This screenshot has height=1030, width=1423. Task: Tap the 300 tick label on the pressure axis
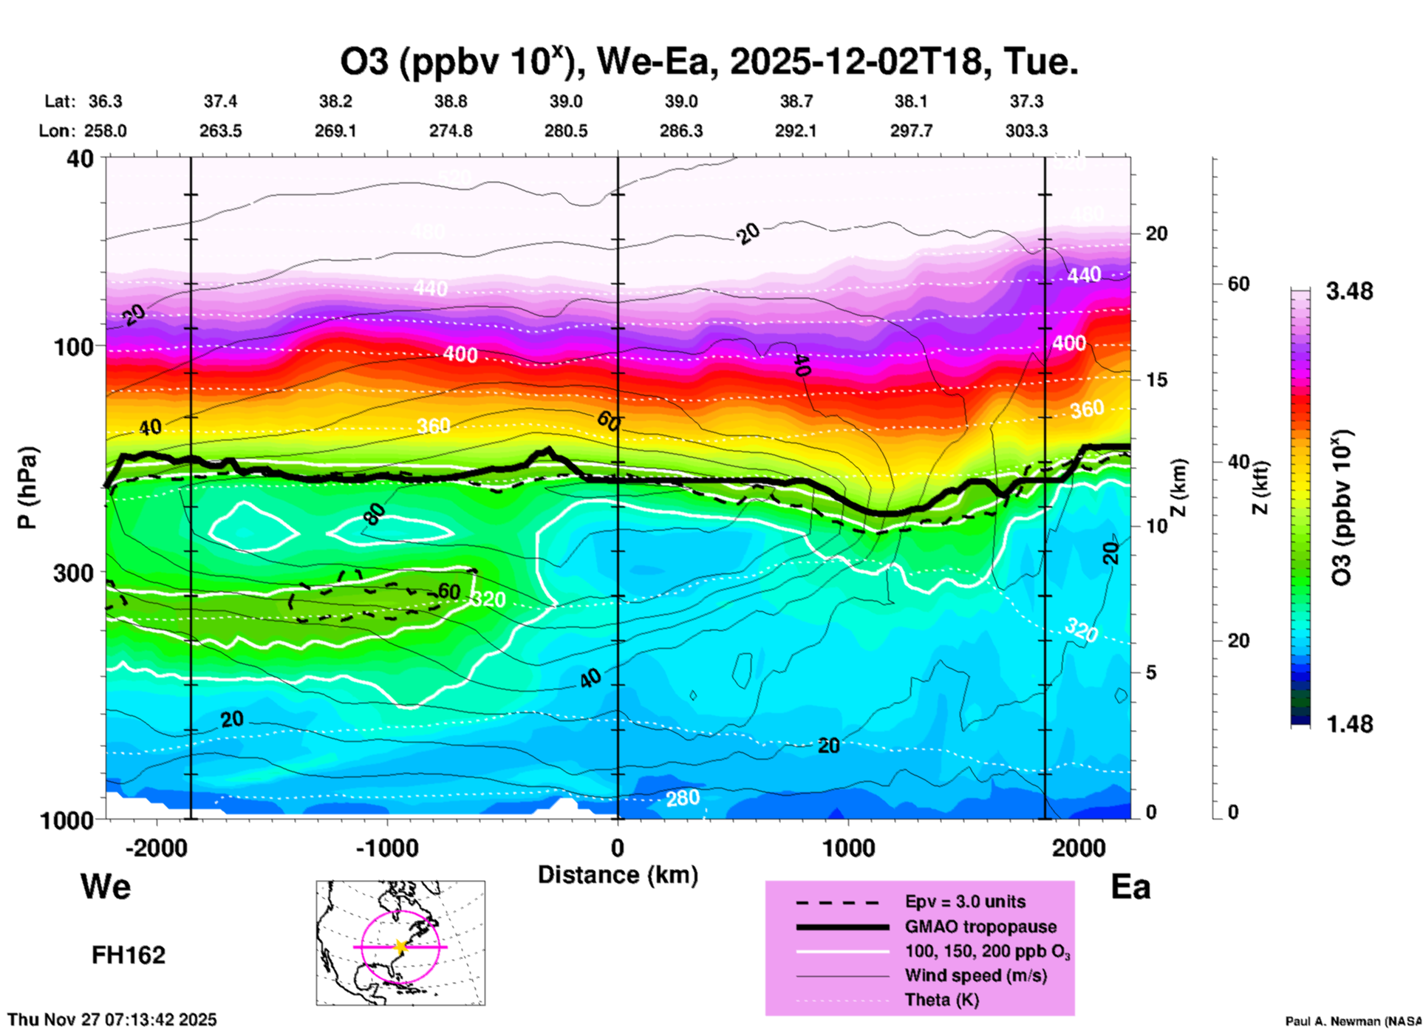pos(74,573)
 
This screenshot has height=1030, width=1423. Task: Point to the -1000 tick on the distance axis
pos(386,847)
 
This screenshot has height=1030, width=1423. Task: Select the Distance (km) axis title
pos(618,875)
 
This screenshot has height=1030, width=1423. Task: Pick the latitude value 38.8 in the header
pos(450,101)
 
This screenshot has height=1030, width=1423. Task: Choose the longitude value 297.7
pos(911,131)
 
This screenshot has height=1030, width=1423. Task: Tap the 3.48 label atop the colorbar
pos(1348,291)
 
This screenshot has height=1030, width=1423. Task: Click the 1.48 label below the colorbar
pos(1348,723)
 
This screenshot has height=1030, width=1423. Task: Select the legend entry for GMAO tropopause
pos(980,927)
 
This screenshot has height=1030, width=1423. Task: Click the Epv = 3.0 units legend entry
pos(965,901)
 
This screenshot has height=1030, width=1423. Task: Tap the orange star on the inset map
pos(400,947)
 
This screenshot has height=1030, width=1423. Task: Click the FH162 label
pos(129,955)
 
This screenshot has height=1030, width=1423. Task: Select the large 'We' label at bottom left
pos(106,886)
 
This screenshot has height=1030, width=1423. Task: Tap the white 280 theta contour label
pos(682,798)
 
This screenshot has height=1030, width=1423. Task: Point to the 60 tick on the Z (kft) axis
pos(1238,284)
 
